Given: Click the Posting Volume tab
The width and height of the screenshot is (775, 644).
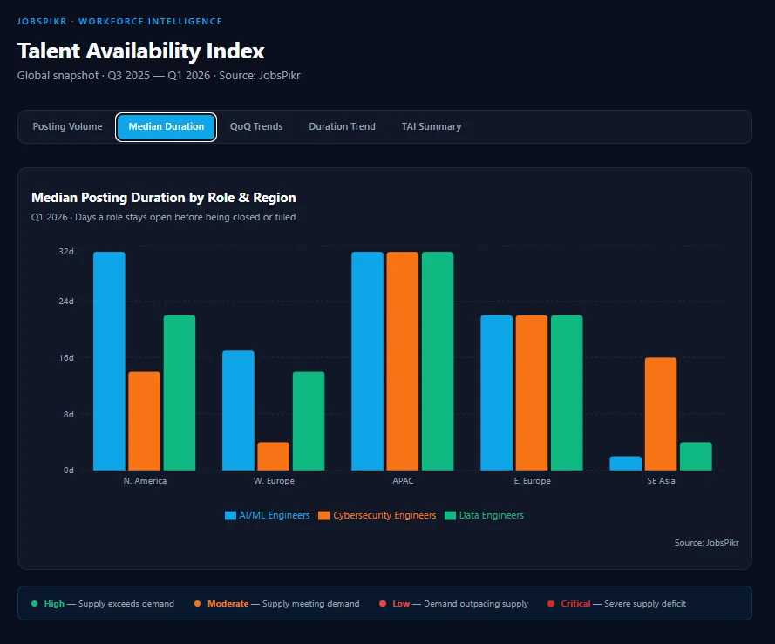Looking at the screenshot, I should click(x=67, y=126).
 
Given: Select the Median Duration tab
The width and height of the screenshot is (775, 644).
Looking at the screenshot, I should click(x=166, y=126).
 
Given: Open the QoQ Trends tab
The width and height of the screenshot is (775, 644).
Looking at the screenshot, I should click(x=256, y=126).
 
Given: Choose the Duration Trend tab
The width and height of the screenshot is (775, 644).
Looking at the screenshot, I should click(x=342, y=126).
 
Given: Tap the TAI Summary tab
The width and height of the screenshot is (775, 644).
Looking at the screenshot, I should click(x=432, y=126).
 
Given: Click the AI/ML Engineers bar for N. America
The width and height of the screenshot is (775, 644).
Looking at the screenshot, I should click(x=109, y=361).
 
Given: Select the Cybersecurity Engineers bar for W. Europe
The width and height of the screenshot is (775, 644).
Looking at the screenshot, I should click(x=273, y=457).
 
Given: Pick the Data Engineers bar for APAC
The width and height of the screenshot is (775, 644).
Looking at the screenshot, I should click(x=438, y=361).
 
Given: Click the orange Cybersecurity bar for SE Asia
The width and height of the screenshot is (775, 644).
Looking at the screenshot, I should click(x=661, y=414).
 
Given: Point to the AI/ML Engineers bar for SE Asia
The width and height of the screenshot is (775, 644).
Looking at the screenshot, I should click(x=625, y=463).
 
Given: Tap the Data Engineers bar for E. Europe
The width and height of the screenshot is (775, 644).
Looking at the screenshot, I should click(x=567, y=392).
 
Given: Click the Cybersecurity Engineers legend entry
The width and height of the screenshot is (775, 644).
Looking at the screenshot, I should click(x=377, y=515).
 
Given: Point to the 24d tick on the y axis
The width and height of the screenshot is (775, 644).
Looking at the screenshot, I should click(x=66, y=301).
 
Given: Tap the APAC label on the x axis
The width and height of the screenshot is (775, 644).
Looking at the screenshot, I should click(x=403, y=481).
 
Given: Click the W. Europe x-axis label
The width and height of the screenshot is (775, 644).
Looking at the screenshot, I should click(x=274, y=481).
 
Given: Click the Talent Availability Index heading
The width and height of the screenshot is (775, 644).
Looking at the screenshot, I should click(x=140, y=51).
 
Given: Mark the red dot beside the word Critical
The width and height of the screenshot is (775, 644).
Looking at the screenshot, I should click(x=551, y=603).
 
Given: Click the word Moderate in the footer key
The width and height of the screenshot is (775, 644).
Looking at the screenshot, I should click(x=228, y=603).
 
